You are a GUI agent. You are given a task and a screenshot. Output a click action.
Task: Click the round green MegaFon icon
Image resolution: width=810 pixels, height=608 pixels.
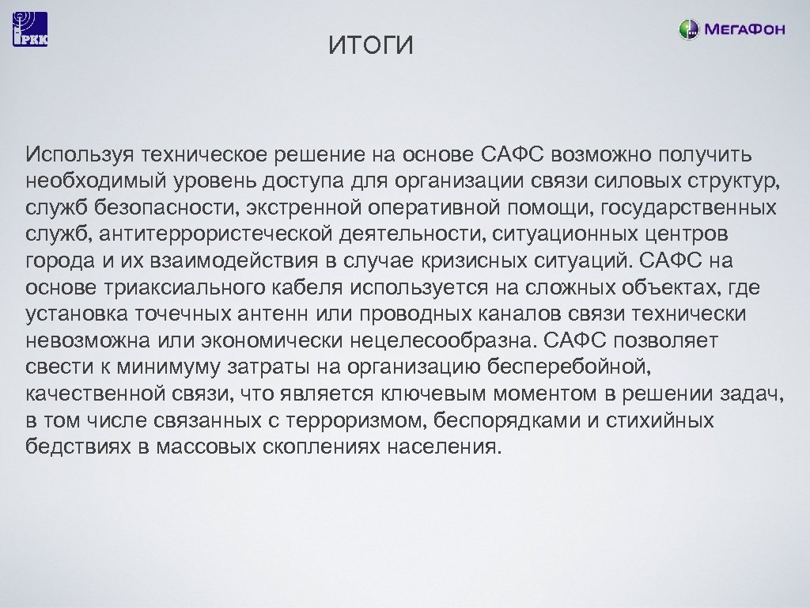688,30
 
